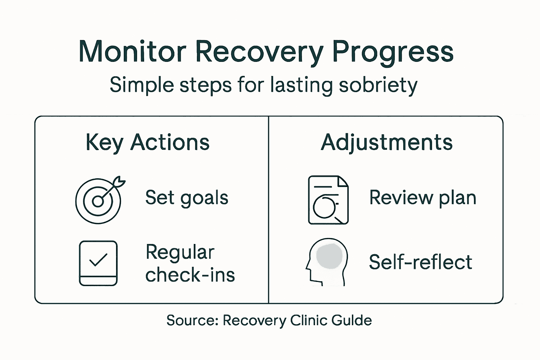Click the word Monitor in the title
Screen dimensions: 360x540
coord(132,52)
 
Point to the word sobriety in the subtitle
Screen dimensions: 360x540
coord(378,85)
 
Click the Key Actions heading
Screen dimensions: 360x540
coord(147,143)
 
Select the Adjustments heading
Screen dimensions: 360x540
coord(386,143)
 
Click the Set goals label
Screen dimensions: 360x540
coord(187,198)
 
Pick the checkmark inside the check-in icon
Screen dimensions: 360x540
coord(98,260)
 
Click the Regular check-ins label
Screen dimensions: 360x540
coord(190,263)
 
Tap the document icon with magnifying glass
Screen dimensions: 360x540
coord(328,200)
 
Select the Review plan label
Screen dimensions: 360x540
coord(423,198)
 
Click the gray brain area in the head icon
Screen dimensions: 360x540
coord(329,256)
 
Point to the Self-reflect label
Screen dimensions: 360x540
coord(420,262)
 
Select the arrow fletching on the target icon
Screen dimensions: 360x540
coord(120,182)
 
